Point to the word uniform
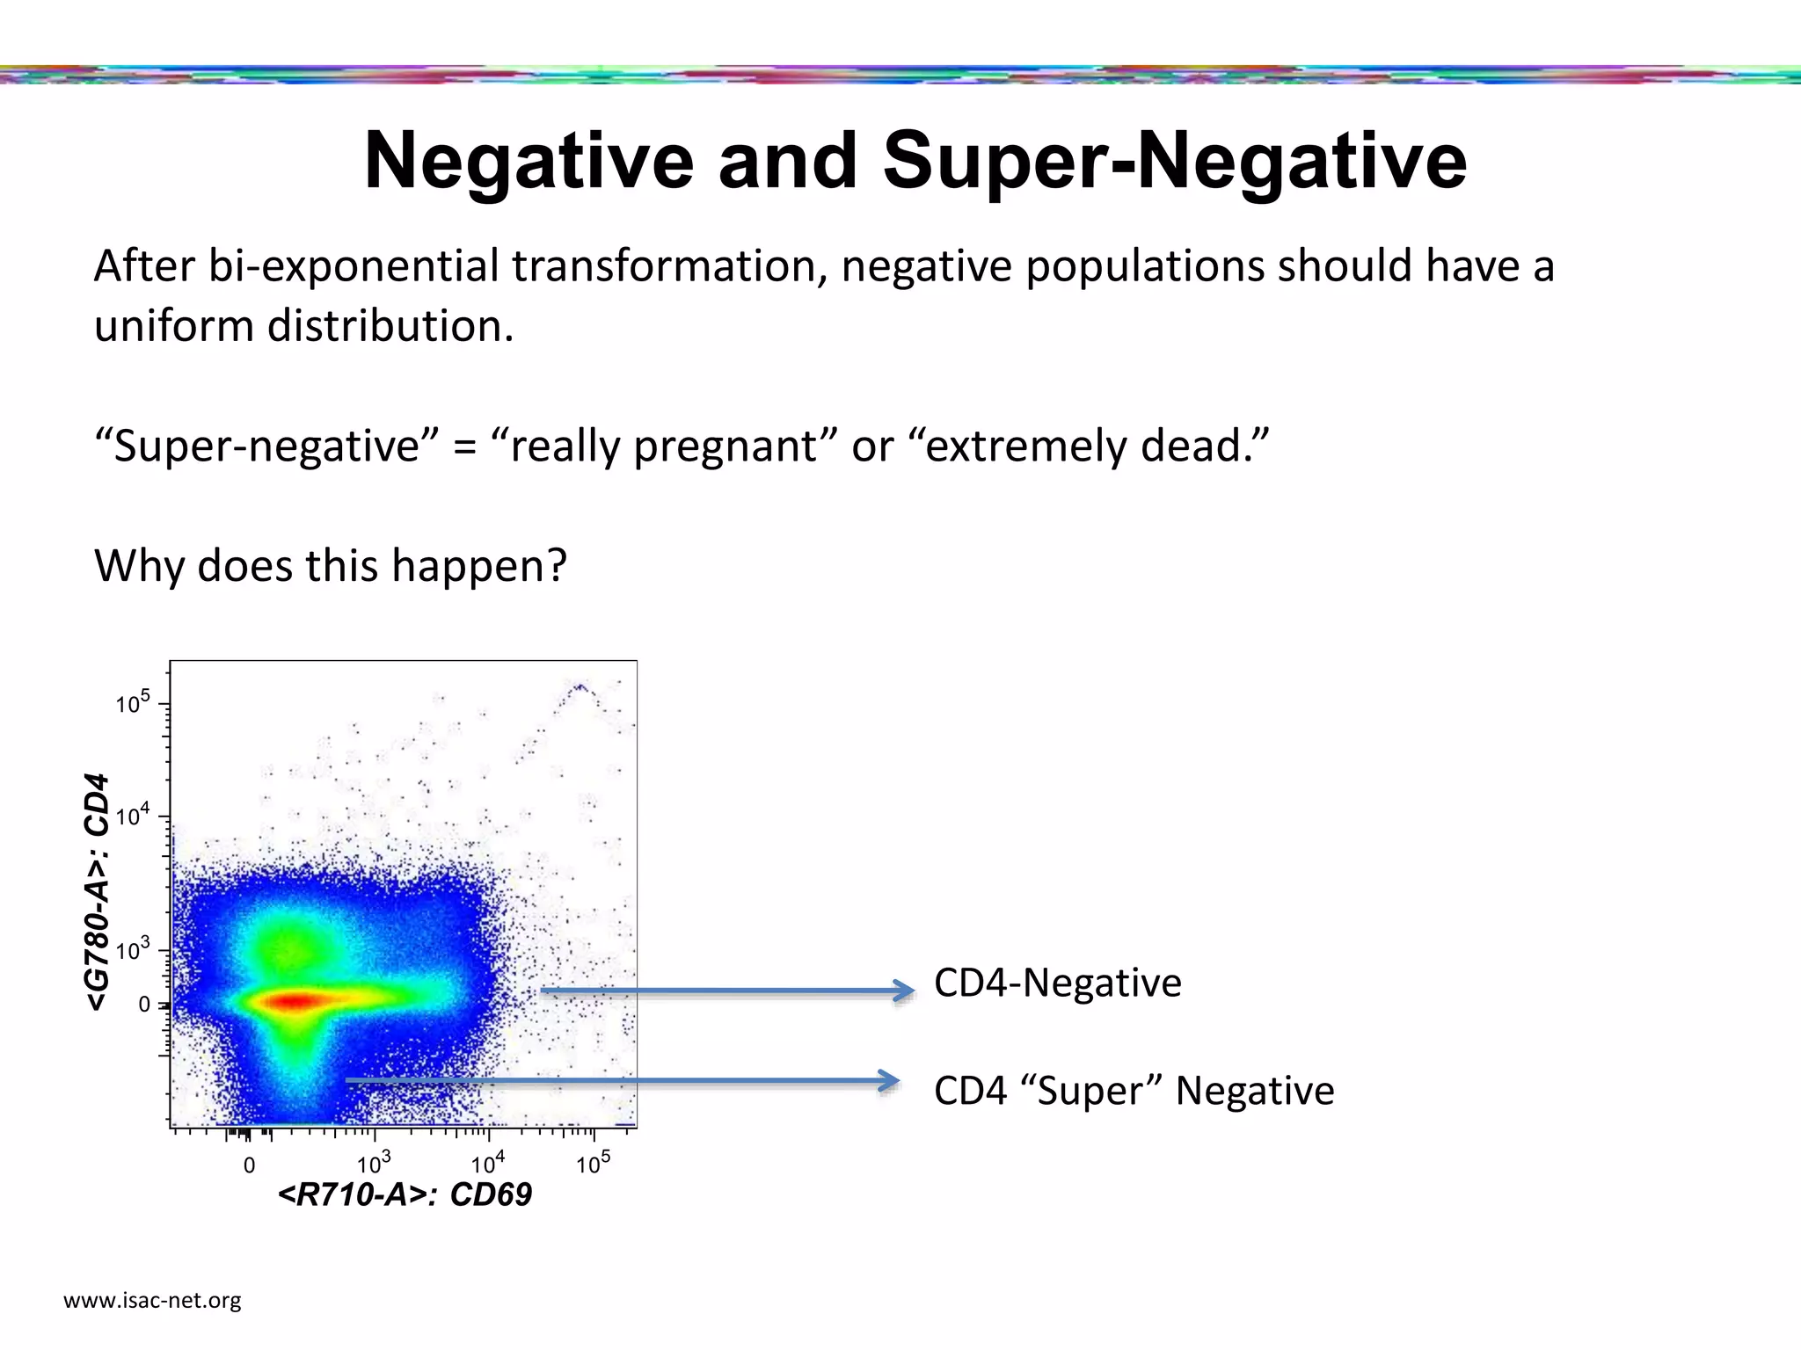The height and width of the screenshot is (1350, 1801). pos(172,326)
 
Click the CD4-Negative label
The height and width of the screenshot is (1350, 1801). pos(1057,983)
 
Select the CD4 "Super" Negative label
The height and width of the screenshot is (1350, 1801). pos(1134,1091)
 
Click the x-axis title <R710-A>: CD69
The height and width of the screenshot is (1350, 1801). pos(405,1195)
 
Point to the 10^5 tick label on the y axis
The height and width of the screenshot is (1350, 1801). pos(133,702)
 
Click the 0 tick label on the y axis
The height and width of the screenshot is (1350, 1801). pos(144,1005)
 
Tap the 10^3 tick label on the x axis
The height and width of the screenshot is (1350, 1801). pos(374,1165)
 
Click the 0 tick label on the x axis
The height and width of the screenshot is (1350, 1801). pos(249,1166)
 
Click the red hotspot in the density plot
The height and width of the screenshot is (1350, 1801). pos(295,1000)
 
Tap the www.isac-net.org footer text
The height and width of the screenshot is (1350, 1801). pos(152,1300)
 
